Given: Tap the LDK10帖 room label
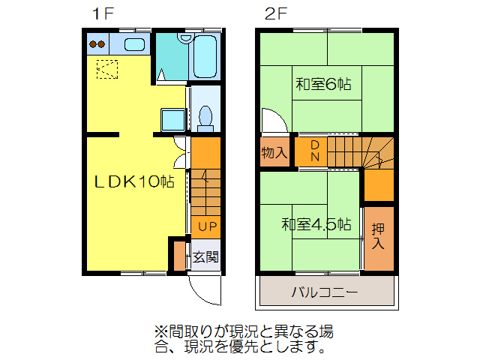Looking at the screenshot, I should click(134, 182).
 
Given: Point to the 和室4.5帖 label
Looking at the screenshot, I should click(316, 224).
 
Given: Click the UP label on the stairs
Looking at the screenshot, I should click(207, 226).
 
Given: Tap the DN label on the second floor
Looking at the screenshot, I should click(316, 151).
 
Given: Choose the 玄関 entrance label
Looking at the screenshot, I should click(205, 257).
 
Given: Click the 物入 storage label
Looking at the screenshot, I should click(274, 153).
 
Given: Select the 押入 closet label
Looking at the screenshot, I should click(378, 236).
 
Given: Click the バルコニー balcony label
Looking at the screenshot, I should click(325, 292).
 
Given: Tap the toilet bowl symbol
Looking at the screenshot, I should click(206, 118).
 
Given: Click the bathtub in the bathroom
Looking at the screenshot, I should click(205, 56).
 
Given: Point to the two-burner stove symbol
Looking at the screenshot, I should click(97, 44).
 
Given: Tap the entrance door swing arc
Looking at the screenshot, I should click(202, 289).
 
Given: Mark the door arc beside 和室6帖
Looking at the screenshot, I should click(270, 120).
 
